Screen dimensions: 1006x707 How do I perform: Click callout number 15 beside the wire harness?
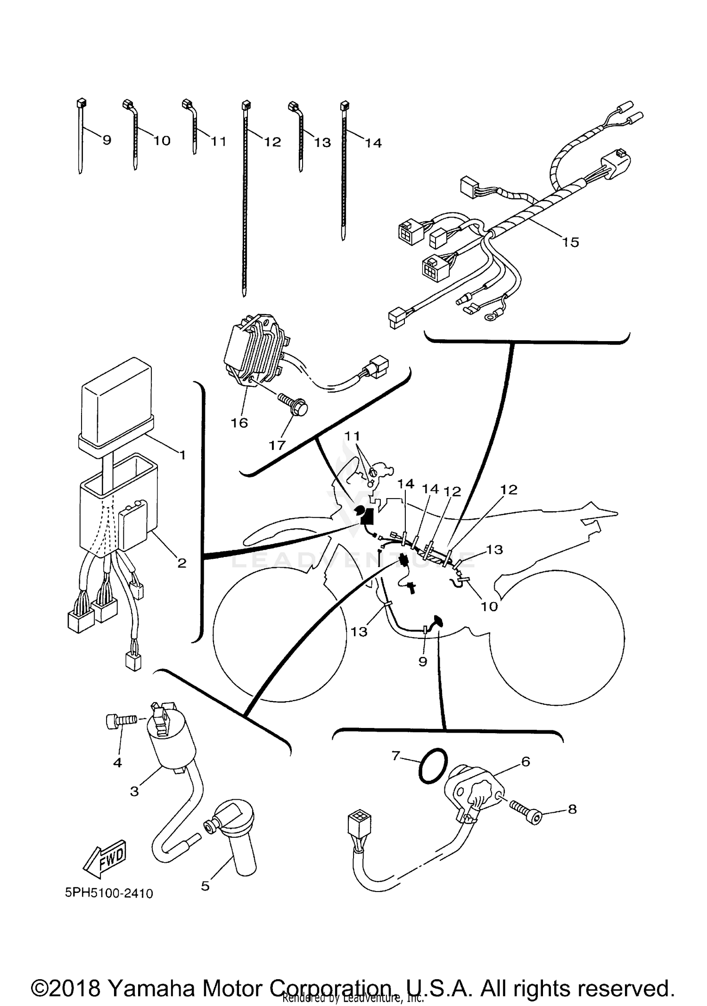pos(570,242)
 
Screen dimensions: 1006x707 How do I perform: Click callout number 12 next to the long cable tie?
pos(272,142)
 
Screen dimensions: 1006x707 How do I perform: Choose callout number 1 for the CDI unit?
pos(182,455)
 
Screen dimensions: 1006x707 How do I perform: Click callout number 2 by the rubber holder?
pos(181,563)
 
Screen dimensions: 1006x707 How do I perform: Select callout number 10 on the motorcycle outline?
pos(489,606)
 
